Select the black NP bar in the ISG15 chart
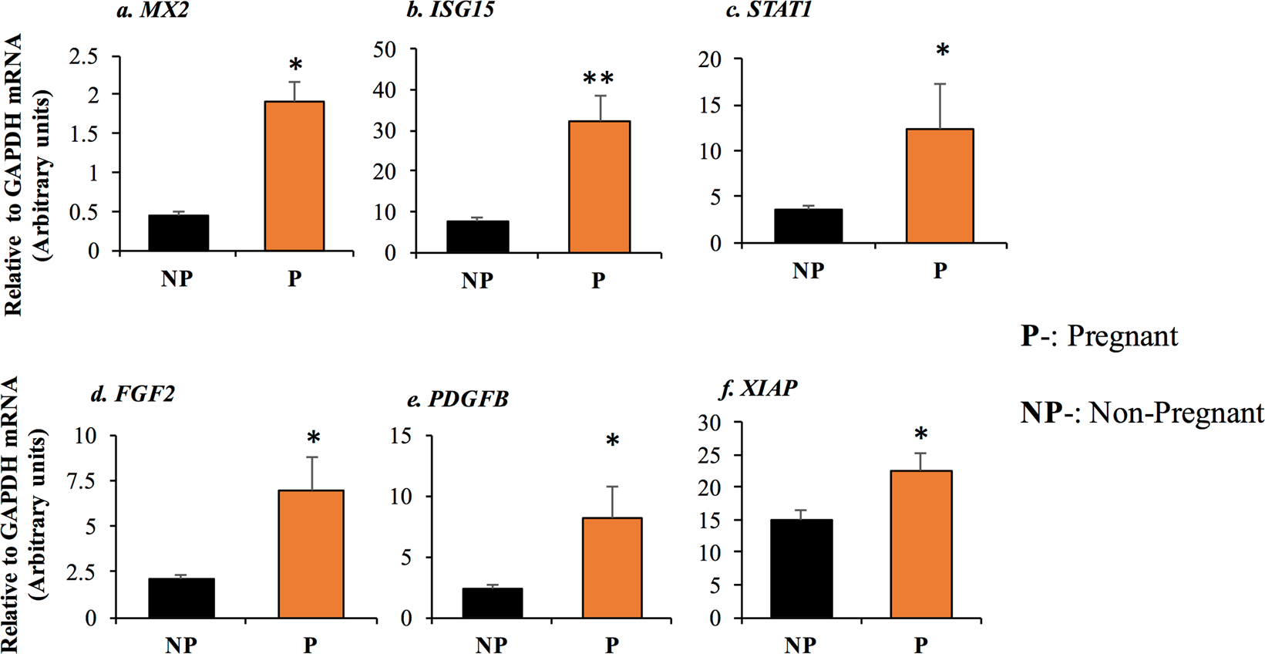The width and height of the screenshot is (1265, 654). coord(477,237)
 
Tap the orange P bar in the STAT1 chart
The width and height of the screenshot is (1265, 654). coord(940,186)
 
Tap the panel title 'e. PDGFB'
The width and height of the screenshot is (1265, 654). coord(458,399)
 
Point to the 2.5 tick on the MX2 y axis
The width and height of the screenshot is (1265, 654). coord(83,56)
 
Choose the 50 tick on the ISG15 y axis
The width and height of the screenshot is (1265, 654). coord(384,50)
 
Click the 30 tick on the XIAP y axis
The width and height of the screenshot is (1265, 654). coord(708,423)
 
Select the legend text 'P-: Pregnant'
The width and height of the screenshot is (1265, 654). coord(1099,336)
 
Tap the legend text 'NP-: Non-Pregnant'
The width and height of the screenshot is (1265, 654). coord(1142,413)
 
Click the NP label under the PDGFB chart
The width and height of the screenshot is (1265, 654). coord(491,644)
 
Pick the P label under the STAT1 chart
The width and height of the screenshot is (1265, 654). coord(940,271)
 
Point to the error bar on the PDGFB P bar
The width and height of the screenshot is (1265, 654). coord(612,502)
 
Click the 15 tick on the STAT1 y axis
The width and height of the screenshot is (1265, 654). coord(710,106)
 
